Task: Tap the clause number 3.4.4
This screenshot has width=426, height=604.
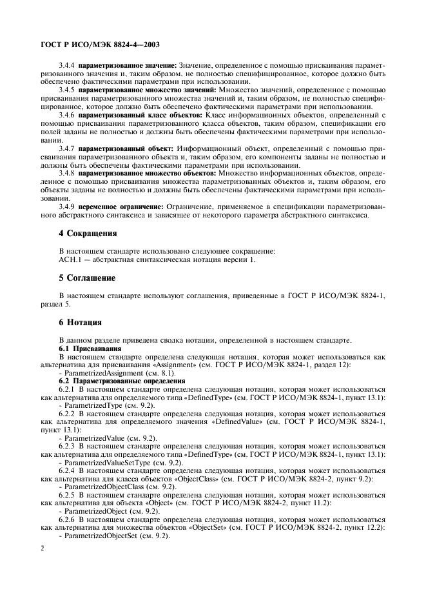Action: [x=66, y=66]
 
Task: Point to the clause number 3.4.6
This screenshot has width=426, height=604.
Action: [x=66, y=114]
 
